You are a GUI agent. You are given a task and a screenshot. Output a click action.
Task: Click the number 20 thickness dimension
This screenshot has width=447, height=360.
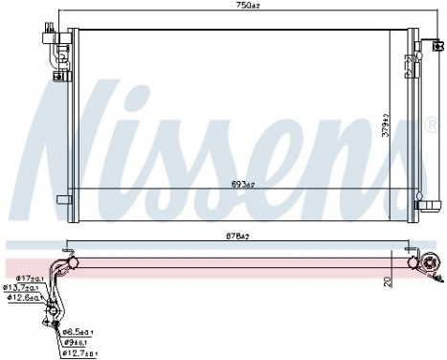pyautogui.click(x=388, y=282)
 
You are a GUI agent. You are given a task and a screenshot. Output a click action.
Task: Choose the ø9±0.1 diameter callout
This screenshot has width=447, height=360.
pyautogui.click(x=76, y=342)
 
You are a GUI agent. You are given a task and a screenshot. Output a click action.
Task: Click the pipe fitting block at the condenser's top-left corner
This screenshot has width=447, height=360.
pyautogui.click(x=48, y=37)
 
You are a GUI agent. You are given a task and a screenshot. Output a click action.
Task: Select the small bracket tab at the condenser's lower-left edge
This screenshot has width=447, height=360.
pyautogui.click(x=63, y=200)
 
